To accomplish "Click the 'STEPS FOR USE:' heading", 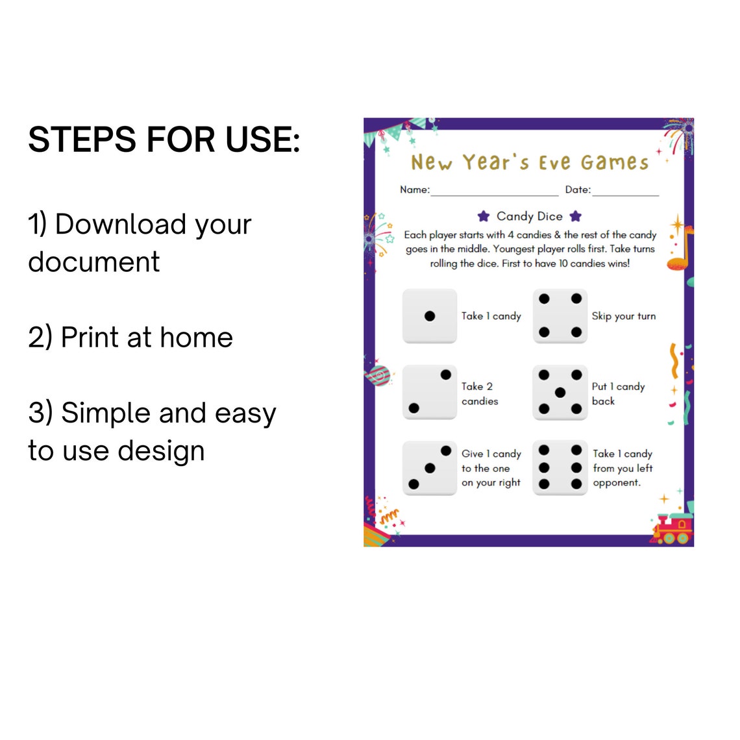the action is click(x=164, y=140).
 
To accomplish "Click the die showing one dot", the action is click(x=430, y=315).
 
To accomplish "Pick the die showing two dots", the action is click(x=430, y=391).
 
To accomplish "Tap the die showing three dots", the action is click(x=430, y=467).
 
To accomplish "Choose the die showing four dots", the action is click(x=560, y=315).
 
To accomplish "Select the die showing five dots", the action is click(x=560, y=391).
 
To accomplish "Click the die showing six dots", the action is click(x=560, y=467).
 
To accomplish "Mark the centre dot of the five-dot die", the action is click(x=560, y=392).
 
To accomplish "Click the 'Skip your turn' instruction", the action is click(x=624, y=317).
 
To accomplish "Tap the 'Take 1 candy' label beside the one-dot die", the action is click(x=491, y=316).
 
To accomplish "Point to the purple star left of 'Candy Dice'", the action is click(x=483, y=216).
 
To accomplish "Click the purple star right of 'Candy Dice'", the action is click(x=575, y=216).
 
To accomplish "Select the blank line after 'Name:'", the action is click(x=495, y=195).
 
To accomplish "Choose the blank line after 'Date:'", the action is click(x=626, y=195).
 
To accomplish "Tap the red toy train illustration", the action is click(x=672, y=528).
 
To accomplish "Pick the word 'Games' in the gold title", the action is click(x=615, y=162).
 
